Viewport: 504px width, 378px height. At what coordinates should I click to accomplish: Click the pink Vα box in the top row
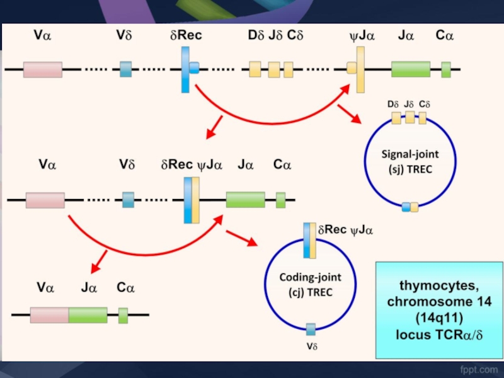(43, 69)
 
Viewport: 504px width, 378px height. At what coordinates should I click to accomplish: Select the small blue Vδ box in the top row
(126, 69)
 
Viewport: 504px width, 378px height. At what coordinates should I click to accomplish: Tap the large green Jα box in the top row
(410, 69)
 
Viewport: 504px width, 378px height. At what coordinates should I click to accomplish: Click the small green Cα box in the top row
(446, 69)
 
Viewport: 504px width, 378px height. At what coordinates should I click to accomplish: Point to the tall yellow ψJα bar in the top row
(360, 69)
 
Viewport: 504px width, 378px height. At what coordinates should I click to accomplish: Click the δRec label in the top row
(186, 36)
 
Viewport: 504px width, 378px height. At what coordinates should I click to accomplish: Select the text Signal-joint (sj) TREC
(410, 159)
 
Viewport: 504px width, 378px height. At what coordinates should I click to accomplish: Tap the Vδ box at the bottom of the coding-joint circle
(311, 329)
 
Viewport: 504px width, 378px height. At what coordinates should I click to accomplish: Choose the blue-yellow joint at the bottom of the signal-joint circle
(410, 207)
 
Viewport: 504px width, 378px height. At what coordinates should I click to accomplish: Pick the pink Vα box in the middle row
(45, 200)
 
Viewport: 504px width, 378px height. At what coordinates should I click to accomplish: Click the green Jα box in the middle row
(245, 200)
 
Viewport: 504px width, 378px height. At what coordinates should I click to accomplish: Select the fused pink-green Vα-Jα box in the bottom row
(69, 315)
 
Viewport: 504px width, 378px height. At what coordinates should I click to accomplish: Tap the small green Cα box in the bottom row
(123, 315)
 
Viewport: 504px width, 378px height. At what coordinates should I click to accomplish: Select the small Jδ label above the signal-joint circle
(409, 104)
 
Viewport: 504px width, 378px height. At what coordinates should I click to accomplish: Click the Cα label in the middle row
(282, 165)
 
